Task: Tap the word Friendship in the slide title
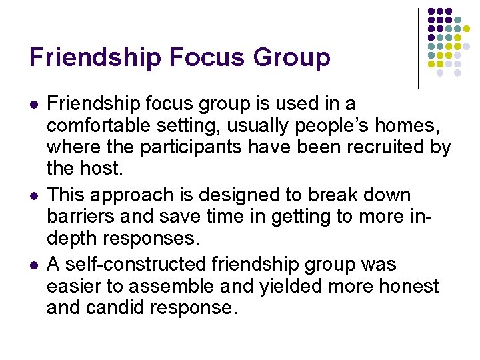(x=95, y=57)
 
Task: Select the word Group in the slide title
(x=292, y=57)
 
